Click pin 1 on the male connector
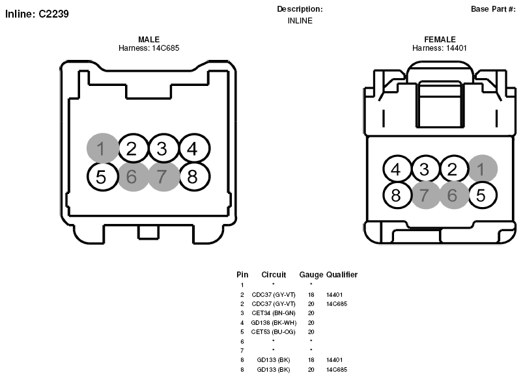pyautogui.click(x=102, y=148)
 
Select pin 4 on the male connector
pyautogui.click(x=195, y=148)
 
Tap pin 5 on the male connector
pyautogui.click(x=102, y=176)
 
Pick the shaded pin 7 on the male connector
pyautogui.click(x=163, y=176)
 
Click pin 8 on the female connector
pyautogui.click(x=397, y=195)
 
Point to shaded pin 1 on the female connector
pyautogui.click(x=483, y=169)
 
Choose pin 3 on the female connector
pyautogui.click(x=425, y=169)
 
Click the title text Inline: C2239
pyautogui.click(x=37, y=14)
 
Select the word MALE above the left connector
pyautogui.click(x=148, y=39)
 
